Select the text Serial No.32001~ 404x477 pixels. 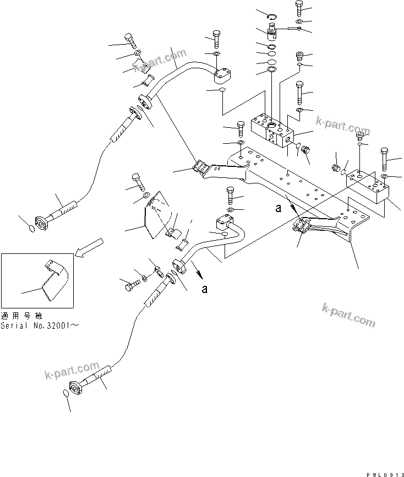pyautogui.click(x=40, y=326)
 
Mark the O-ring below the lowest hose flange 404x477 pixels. pyautogui.click(x=65, y=393)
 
